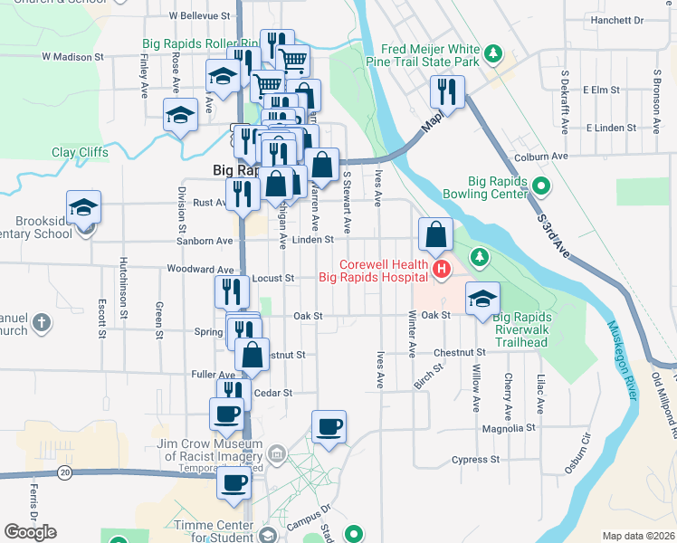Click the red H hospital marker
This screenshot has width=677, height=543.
pos(441,269)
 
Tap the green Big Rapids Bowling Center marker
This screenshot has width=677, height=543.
pos(542,187)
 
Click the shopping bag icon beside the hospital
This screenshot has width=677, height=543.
pos(436,234)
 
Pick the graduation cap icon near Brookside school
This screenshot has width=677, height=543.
pos(84,208)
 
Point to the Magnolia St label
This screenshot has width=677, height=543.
pos(509,428)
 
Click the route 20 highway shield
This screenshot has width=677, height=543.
pos(63,472)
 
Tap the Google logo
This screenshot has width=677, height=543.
pos(31,532)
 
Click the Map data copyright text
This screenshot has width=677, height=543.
pos(637,536)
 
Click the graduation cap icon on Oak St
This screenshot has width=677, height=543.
pos(482,299)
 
